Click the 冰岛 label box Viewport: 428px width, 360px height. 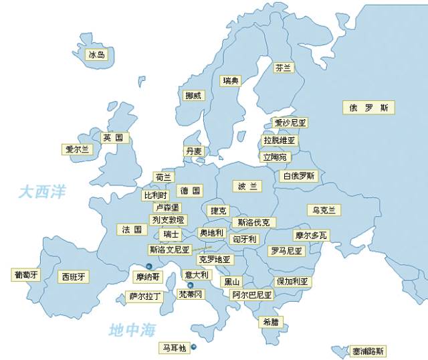pyautogui.click(x=97, y=54)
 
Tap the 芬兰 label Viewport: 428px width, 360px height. pyautogui.click(x=284, y=68)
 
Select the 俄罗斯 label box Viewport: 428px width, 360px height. pyautogui.click(x=368, y=107)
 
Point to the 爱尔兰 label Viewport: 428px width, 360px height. pyautogui.click(x=77, y=149)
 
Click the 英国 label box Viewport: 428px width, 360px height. pyautogui.click(x=112, y=138)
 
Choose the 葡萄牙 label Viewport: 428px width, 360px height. pyautogui.click(x=27, y=274)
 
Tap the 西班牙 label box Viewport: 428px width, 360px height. pyautogui.click(x=74, y=276)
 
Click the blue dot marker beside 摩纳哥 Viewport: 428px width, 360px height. pyautogui.click(x=149, y=266)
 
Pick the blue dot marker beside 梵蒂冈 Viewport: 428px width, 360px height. pyautogui.click(x=190, y=285)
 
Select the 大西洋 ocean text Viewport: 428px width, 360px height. pyautogui.click(x=42, y=192)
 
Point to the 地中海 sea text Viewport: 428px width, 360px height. pyautogui.click(x=132, y=330)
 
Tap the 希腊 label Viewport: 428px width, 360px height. pyautogui.click(x=270, y=322)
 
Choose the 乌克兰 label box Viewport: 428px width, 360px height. pyautogui.click(x=324, y=209)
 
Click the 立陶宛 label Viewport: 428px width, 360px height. pyautogui.click(x=275, y=157)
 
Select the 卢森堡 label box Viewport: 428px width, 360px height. pyautogui.click(x=167, y=207)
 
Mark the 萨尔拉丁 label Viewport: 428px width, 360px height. pyautogui.click(x=145, y=296)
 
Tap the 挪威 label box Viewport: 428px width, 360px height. pyautogui.click(x=193, y=96)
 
